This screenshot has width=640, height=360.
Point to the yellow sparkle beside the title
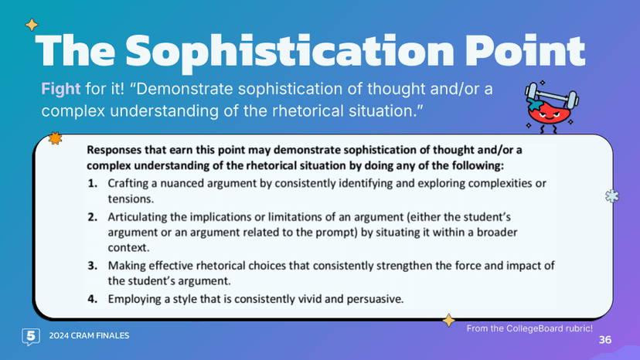[x=31, y=25]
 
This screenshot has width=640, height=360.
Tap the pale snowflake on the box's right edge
[x=611, y=196]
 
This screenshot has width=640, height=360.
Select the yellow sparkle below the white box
[x=447, y=320]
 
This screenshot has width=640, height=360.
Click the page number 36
[x=604, y=341]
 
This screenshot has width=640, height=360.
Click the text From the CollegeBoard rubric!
[x=529, y=328]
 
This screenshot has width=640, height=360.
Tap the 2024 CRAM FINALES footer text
[x=89, y=336]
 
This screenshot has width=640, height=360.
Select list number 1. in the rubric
[x=93, y=183]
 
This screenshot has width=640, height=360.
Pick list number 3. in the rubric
[x=93, y=266]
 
